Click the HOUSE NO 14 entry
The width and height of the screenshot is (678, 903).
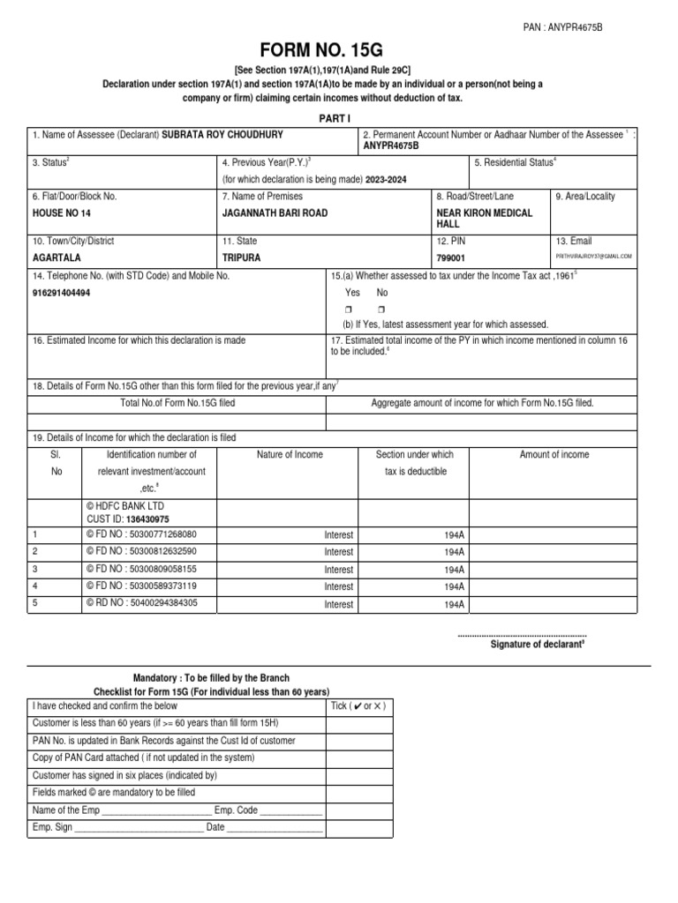tap(61, 213)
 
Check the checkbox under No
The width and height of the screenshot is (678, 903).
tap(381, 309)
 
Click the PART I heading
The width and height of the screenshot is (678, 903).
tap(338, 117)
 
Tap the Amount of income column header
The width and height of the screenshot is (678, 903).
tap(554, 454)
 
